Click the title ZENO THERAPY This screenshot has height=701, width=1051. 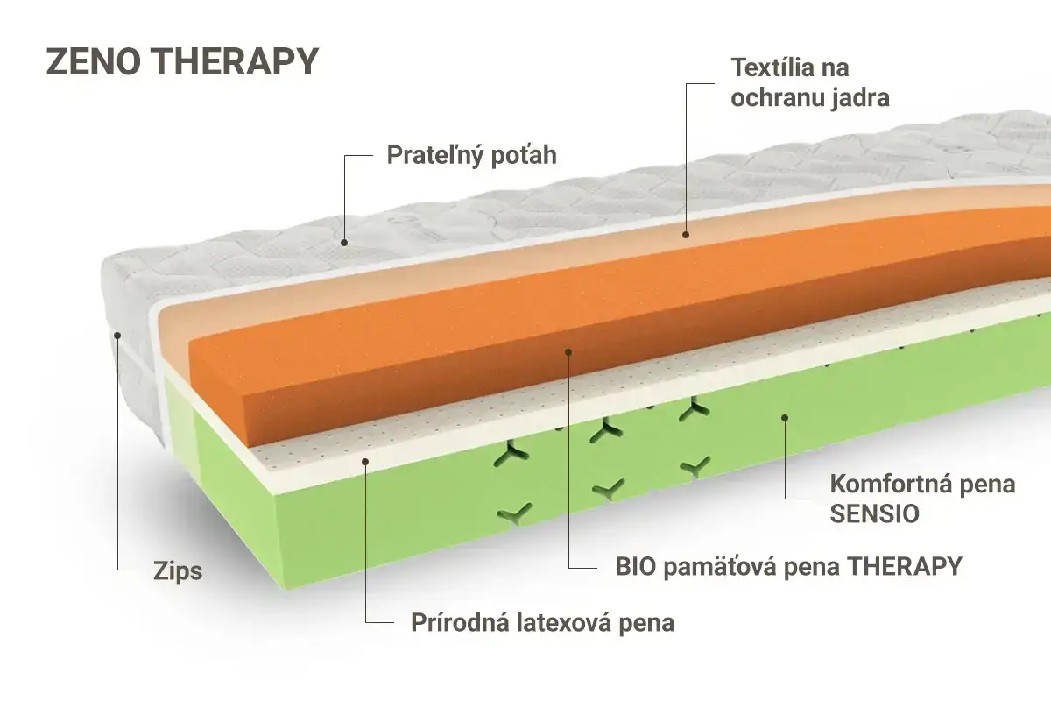pos(182,61)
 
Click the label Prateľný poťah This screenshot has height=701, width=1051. pos(471,155)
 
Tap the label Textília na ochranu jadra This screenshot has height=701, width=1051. pos(810,82)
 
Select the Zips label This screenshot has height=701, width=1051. pos(178,572)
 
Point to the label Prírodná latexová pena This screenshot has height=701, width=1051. pos(543,623)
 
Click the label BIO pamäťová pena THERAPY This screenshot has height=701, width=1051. pos(789,567)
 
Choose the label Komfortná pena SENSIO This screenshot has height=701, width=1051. pos(922,499)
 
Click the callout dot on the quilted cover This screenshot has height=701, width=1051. pos(344,243)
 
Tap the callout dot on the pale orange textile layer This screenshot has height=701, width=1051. pos(686,234)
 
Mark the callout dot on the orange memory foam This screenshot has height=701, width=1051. pos(568,351)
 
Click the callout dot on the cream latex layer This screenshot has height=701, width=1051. pos(365,462)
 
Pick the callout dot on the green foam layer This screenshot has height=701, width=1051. pos(785,417)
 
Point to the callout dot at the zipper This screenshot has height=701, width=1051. pos(117,336)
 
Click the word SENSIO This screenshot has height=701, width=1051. pos(875,513)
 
